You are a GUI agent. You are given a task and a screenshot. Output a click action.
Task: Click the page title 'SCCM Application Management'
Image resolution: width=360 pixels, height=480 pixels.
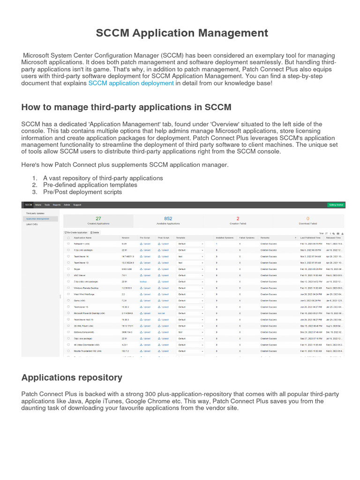(182, 33)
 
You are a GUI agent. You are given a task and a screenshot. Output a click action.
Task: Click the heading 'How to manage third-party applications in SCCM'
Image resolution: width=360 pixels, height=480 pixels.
(126, 107)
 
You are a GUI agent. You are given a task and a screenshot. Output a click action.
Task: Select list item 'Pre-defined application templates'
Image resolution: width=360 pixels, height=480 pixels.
(90, 185)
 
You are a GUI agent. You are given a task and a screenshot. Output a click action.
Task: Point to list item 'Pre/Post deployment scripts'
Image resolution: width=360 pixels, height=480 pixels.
(82, 192)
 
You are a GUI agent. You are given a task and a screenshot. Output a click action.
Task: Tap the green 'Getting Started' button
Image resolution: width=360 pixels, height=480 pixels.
(336, 205)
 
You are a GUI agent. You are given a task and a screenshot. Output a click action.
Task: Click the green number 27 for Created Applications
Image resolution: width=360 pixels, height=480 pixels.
(98, 218)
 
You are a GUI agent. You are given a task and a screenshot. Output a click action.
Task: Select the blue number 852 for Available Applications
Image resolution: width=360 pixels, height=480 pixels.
(168, 218)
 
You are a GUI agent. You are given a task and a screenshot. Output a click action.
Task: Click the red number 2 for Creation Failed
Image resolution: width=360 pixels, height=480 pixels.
(238, 218)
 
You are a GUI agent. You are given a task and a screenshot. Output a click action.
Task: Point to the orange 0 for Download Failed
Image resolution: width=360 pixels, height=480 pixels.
(307, 218)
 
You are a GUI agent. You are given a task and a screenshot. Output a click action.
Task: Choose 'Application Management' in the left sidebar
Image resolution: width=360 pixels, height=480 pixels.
(37, 218)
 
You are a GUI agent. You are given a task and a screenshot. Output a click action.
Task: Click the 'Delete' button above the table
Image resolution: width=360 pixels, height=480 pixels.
(95, 232)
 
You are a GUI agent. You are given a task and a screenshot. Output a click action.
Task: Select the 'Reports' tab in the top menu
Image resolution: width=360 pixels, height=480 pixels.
(57, 205)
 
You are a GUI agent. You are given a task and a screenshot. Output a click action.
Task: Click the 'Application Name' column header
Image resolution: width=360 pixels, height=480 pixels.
(83, 238)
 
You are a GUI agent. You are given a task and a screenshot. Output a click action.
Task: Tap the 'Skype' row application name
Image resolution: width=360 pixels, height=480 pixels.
(78, 269)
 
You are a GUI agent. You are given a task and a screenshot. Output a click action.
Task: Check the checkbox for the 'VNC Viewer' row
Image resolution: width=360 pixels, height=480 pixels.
(68, 275)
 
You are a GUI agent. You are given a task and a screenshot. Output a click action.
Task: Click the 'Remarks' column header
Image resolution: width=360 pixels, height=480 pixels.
(265, 238)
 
